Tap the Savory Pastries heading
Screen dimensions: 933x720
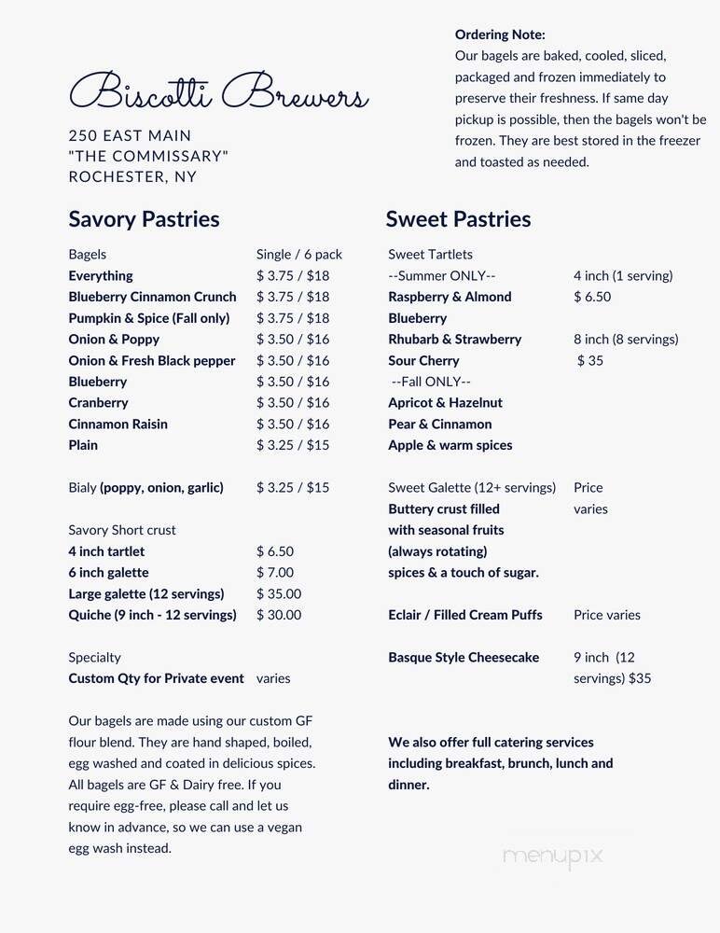(x=144, y=219)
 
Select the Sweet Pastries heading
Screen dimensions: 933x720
(x=458, y=219)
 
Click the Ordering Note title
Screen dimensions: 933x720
(x=500, y=35)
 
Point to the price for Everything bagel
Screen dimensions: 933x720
(x=293, y=276)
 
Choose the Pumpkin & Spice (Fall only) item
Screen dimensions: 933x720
(x=148, y=318)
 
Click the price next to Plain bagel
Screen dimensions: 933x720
(x=293, y=445)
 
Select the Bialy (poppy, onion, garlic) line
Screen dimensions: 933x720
(x=145, y=487)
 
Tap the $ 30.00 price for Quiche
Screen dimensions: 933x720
(x=279, y=615)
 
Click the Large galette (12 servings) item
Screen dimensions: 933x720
(x=145, y=594)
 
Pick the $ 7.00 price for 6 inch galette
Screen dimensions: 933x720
(x=275, y=573)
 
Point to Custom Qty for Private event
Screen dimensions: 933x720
(x=156, y=678)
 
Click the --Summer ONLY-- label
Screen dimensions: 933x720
(x=441, y=276)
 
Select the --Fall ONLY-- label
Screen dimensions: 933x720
(x=431, y=382)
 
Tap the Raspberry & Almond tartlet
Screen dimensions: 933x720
(x=450, y=297)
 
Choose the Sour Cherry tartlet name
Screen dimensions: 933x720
(x=423, y=360)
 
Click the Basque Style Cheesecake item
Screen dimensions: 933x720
(x=464, y=658)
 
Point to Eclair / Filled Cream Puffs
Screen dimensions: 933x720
(x=465, y=615)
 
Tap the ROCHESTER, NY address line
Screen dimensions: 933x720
(x=132, y=177)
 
